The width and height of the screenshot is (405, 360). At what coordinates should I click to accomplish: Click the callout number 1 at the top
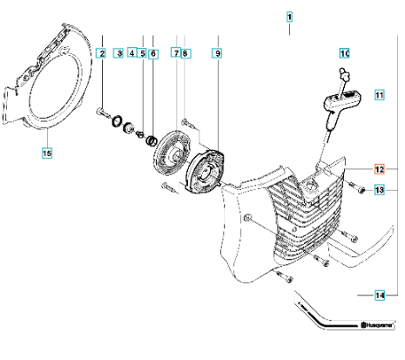[289, 17]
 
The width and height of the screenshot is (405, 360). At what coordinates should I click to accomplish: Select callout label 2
[102, 53]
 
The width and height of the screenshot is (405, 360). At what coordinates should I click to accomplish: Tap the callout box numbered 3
[118, 53]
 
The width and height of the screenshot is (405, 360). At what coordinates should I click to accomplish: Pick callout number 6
[153, 54]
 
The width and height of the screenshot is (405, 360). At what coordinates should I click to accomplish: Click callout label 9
[218, 53]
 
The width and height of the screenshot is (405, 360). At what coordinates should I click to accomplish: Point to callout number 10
[345, 53]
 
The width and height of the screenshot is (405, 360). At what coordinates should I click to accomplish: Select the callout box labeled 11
[380, 95]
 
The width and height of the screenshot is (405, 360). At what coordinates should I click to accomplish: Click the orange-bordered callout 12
[380, 169]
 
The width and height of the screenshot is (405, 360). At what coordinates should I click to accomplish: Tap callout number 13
[380, 190]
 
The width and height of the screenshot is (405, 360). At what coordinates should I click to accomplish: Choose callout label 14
[380, 295]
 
